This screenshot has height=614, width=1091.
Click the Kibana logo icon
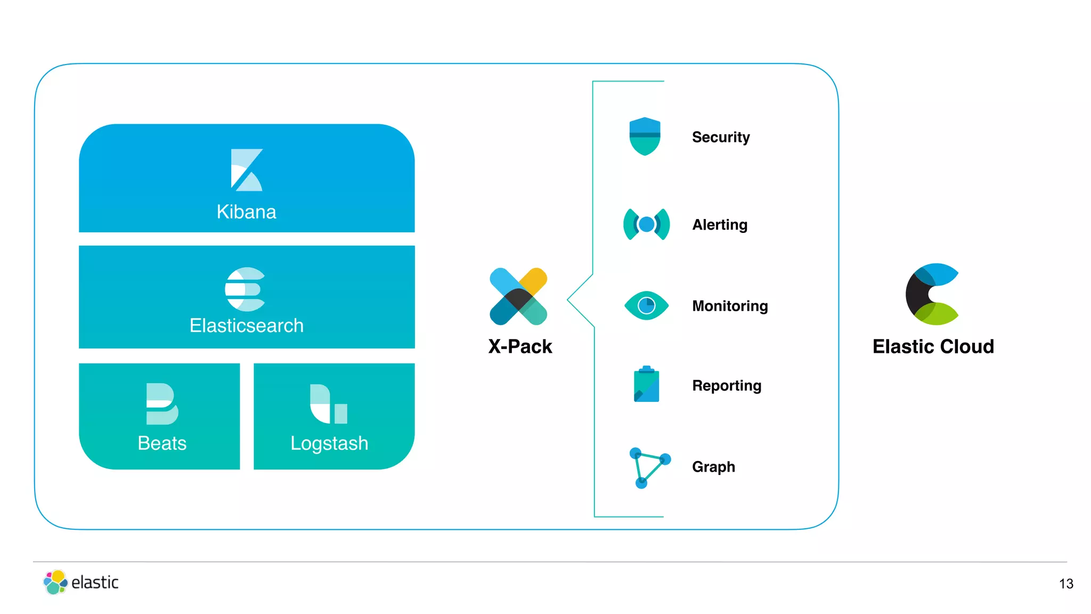246,169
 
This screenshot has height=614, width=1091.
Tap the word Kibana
246,212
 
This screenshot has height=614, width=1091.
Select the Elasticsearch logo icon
245,289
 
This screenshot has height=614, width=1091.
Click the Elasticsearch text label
246,325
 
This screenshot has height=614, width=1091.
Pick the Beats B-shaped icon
161,403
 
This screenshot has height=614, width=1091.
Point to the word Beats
162,443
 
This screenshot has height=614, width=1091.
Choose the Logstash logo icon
329,404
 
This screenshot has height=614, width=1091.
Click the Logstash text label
329,443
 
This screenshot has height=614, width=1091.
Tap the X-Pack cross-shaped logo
518,296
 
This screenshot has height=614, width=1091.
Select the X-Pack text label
520,346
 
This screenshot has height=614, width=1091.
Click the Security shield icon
645,136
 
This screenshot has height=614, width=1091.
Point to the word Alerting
719,224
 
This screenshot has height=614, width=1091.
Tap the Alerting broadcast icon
646,224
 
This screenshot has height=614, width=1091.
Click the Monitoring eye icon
646,305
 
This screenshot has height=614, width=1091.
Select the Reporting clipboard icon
646,384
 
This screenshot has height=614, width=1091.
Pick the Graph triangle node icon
648,467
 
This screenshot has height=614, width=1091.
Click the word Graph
713,466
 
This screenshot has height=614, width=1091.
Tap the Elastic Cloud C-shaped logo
932,294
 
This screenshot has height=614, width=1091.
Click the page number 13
1066,584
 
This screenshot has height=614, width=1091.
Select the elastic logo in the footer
81,582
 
